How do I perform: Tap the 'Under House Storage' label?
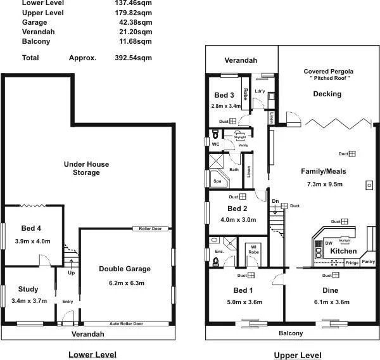(x=86, y=168)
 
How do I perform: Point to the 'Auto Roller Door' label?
(x=125, y=323)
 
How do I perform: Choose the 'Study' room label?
(x=29, y=290)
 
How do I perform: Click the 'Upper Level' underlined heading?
(x=296, y=355)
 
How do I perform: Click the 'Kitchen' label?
(x=343, y=252)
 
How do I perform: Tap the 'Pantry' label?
(x=368, y=262)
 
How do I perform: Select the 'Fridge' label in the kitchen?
(x=351, y=262)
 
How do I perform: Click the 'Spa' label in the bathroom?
(x=217, y=181)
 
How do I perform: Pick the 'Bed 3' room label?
(x=225, y=95)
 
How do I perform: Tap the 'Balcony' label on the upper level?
(x=291, y=333)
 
